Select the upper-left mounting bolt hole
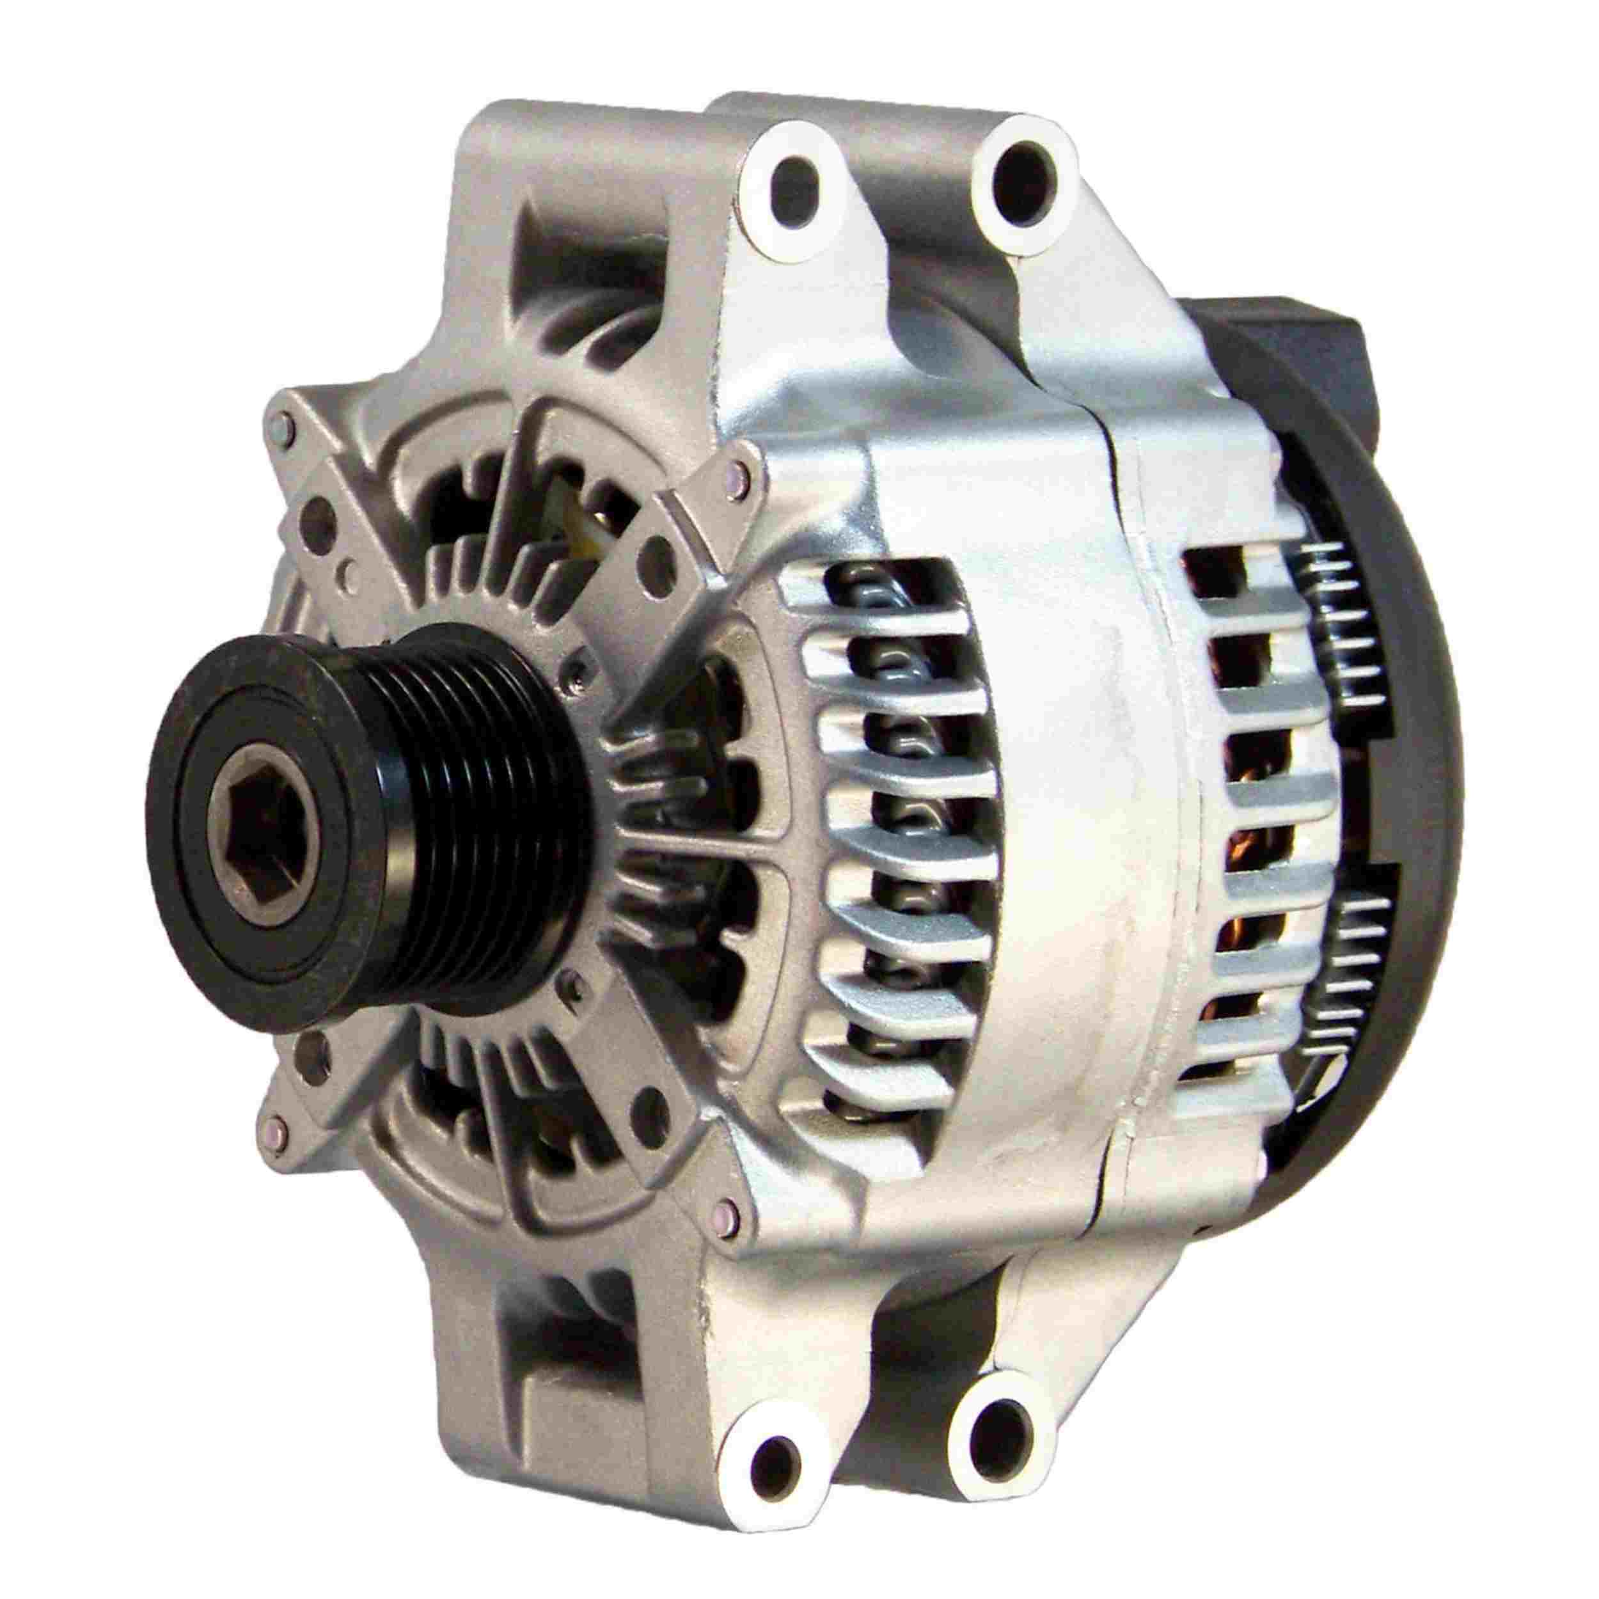pyautogui.click(x=793, y=200)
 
